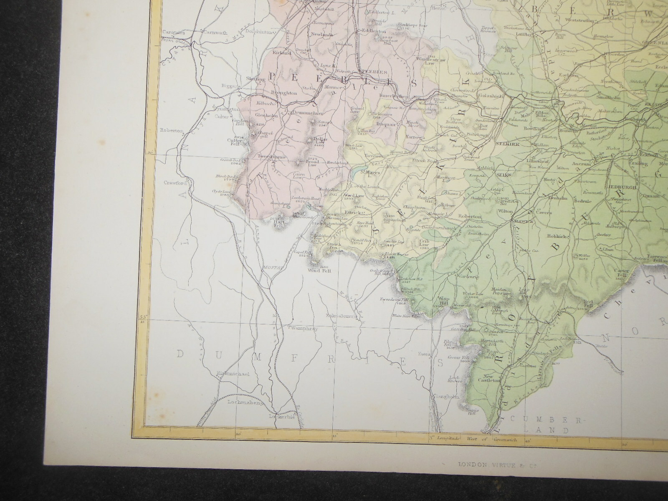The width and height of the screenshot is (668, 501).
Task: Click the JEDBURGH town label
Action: [x=622, y=187]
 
